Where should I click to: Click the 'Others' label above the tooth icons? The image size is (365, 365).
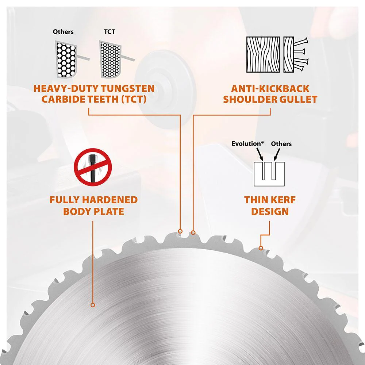coord(63,32)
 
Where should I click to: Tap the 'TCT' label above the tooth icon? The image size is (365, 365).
coord(109,32)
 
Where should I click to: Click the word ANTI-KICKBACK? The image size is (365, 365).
coord(270,89)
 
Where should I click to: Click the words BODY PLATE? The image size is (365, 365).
coord(93,211)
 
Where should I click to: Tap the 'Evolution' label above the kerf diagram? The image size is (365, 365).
coord(247,144)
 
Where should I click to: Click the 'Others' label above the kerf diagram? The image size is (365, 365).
coord(281,144)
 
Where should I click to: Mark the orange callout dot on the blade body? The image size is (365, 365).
coord(93,304)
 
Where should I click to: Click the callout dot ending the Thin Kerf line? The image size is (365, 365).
coord(261,248)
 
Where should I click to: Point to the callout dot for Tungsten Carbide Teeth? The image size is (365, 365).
coord(180,231)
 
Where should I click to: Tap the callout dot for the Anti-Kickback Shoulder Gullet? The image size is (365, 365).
coord(193,232)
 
